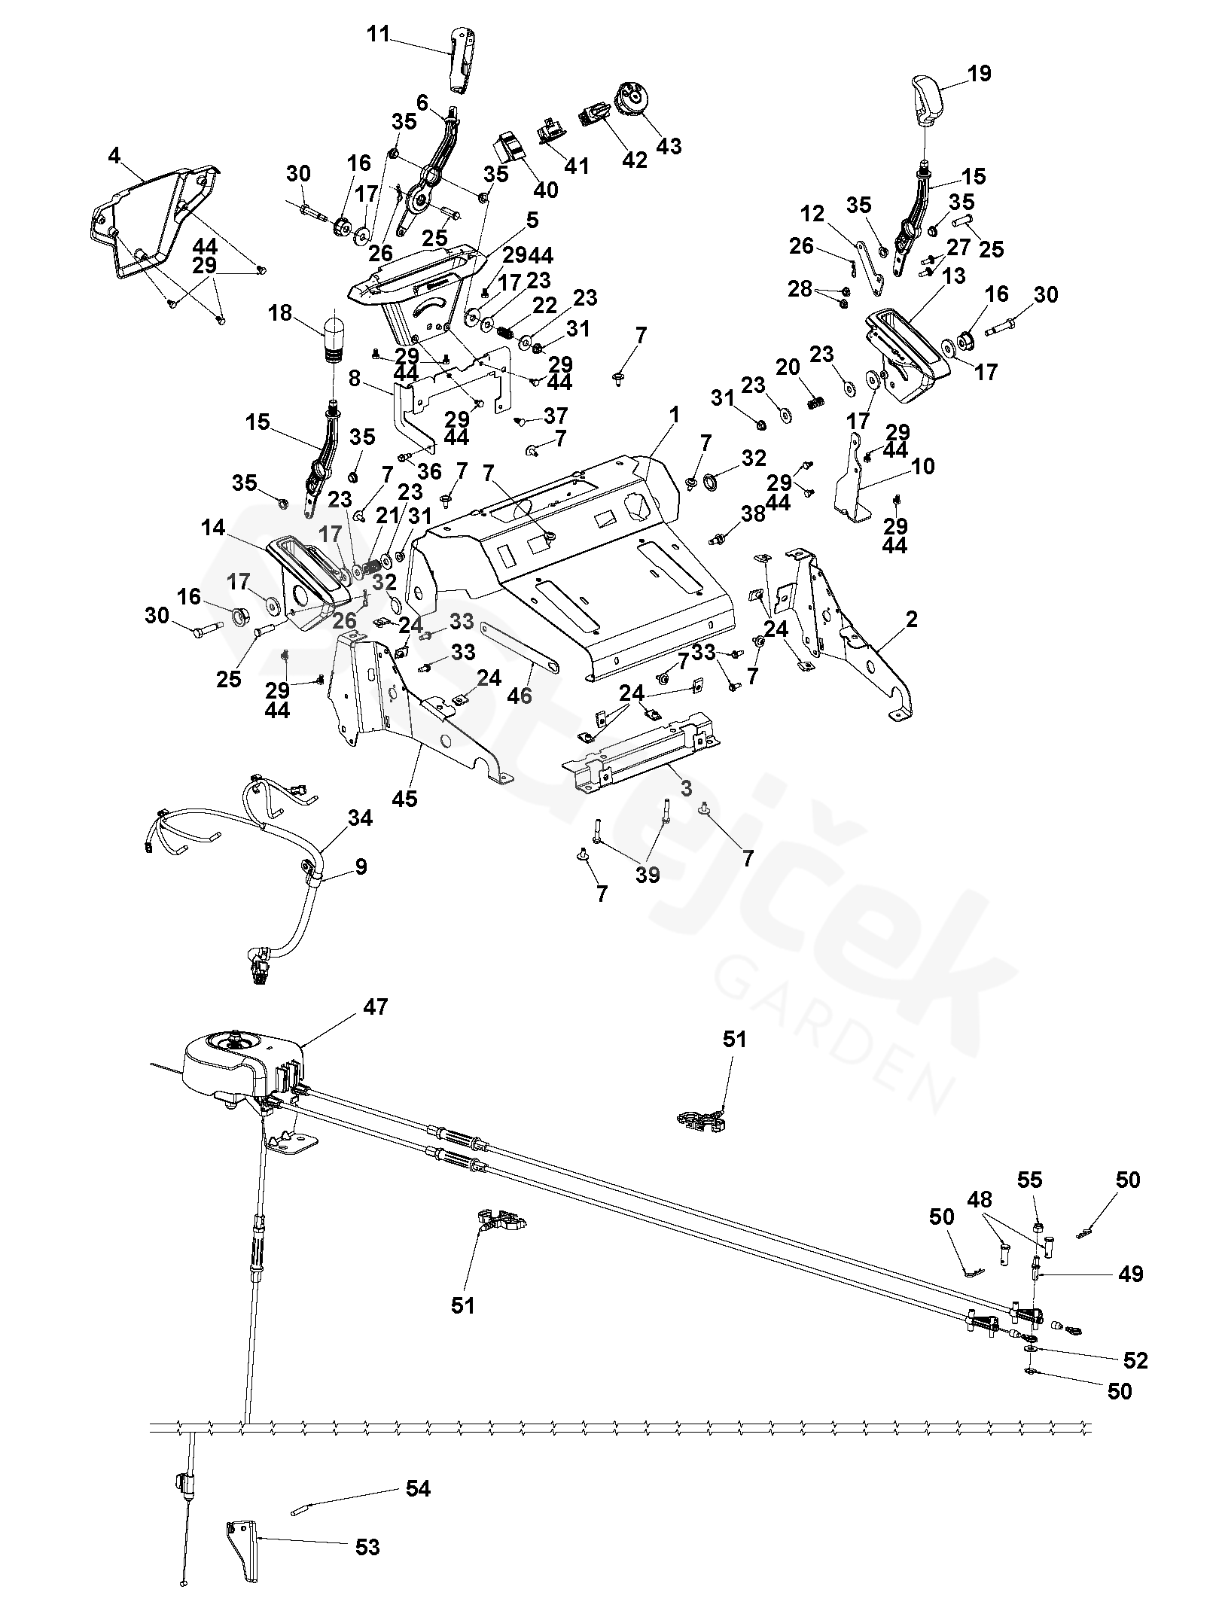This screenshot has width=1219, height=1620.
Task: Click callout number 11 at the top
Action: tap(379, 35)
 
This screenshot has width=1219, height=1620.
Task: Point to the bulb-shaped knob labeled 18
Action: tap(334, 336)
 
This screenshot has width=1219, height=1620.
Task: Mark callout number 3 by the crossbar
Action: tap(685, 788)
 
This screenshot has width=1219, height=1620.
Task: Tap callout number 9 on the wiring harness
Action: tap(361, 866)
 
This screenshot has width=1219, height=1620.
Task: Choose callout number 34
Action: tap(361, 818)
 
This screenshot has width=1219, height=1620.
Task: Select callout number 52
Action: tap(1135, 1360)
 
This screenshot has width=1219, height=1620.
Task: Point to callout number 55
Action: tap(1030, 1179)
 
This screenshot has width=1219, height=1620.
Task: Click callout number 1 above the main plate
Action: tap(675, 415)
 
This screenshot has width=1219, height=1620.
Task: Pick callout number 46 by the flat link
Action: tap(520, 696)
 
